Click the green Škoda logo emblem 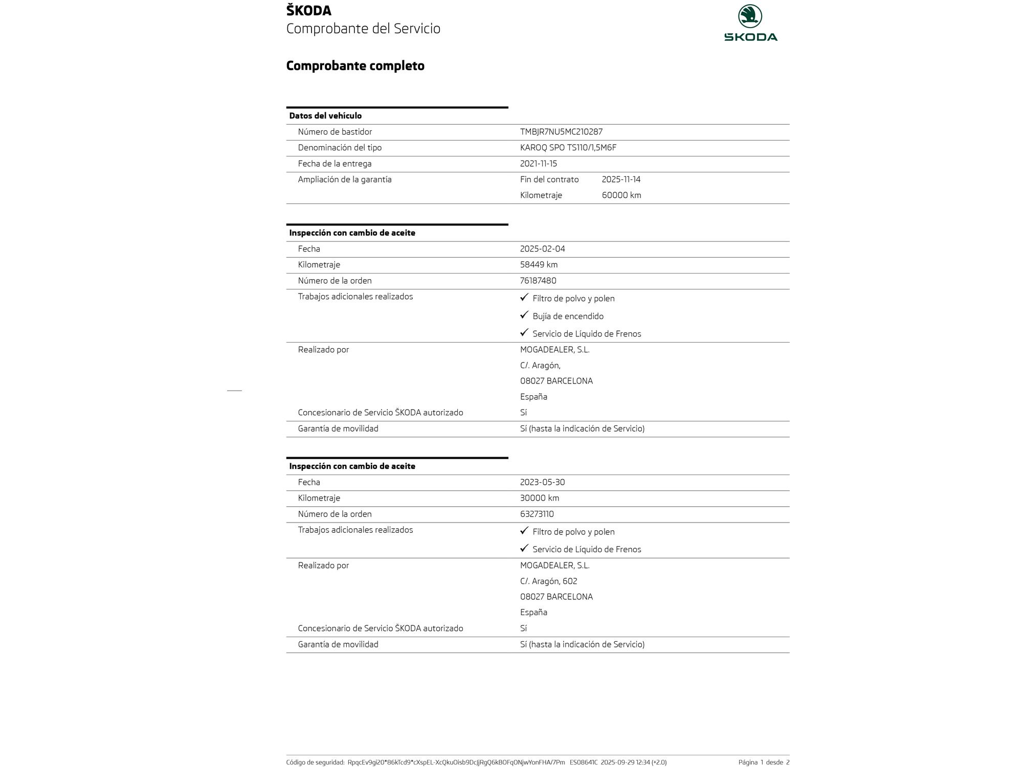[x=750, y=17]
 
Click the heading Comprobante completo [x=355, y=66]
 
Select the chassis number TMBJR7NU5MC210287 [x=561, y=132]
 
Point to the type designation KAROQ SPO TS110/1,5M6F [x=568, y=148]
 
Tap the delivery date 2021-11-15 [x=538, y=164]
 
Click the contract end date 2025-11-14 [x=621, y=179]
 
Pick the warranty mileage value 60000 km [x=621, y=195]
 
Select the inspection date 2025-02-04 [x=542, y=249]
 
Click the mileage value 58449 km [x=539, y=265]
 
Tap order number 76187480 [x=538, y=281]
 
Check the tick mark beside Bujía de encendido [x=524, y=315]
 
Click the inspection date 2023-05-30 [x=542, y=482]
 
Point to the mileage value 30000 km [x=539, y=498]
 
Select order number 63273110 [x=537, y=514]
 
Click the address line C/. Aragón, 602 [x=548, y=581]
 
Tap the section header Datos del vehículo [x=325, y=116]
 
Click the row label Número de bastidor [x=335, y=132]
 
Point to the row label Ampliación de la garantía [x=344, y=179]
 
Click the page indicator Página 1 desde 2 [x=764, y=762]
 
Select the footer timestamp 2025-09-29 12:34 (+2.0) [x=633, y=762]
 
